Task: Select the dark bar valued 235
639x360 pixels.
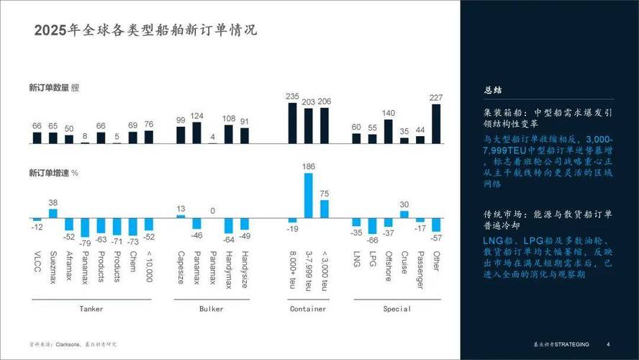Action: point(292,123)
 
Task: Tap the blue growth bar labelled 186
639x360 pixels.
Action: point(308,195)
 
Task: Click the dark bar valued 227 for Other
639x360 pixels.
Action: point(436,124)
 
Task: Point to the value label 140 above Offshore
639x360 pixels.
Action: point(389,113)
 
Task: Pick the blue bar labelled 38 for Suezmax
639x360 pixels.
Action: point(53,213)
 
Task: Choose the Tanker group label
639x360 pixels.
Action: point(91,309)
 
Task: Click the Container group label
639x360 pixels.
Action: point(308,309)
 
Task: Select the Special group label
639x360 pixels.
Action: point(396,309)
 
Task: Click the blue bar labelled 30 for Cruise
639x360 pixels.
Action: point(404,214)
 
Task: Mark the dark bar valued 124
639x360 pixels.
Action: point(196,133)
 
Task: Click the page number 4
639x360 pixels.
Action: point(609,343)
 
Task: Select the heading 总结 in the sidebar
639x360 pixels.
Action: point(493,91)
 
